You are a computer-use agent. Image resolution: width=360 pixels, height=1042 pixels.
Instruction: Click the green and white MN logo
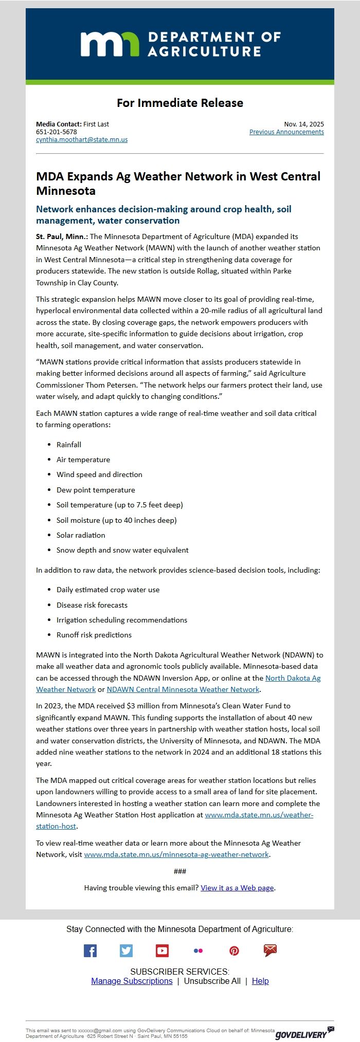tap(110, 44)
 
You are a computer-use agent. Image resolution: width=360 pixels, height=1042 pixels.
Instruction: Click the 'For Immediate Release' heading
tap(180, 103)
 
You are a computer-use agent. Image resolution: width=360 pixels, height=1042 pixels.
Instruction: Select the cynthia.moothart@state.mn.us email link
tap(82, 140)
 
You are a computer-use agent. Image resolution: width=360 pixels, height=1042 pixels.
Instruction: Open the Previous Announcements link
tap(286, 132)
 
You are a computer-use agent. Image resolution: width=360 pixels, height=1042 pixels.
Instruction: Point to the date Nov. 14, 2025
tap(304, 124)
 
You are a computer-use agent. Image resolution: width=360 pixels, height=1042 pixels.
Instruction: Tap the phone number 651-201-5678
tap(57, 132)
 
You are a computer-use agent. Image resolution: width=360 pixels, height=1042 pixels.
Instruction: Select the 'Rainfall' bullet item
tap(69, 445)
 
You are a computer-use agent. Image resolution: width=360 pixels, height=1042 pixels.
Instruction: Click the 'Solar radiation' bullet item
tap(81, 535)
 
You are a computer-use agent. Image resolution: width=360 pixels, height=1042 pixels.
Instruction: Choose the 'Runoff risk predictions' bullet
tap(94, 635)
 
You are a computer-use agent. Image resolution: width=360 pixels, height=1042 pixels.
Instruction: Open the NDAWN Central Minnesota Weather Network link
tap(183, 689)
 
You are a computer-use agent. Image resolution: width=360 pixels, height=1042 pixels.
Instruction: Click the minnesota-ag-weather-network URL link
tap(176, 854)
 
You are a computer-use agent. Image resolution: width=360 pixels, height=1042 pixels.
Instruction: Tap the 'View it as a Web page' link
tap(237, 888)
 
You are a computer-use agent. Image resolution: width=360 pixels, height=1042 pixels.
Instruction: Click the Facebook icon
tap(90, 950)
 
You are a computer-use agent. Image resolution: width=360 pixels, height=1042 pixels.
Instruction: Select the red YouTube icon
tap(162, 950)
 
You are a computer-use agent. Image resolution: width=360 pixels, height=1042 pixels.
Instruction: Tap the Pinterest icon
tap(234, 950)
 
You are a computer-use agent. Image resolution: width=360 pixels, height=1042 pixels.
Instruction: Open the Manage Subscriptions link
tap(132, 981)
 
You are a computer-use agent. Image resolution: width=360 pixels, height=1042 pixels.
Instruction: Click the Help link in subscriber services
tap(260, 981)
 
